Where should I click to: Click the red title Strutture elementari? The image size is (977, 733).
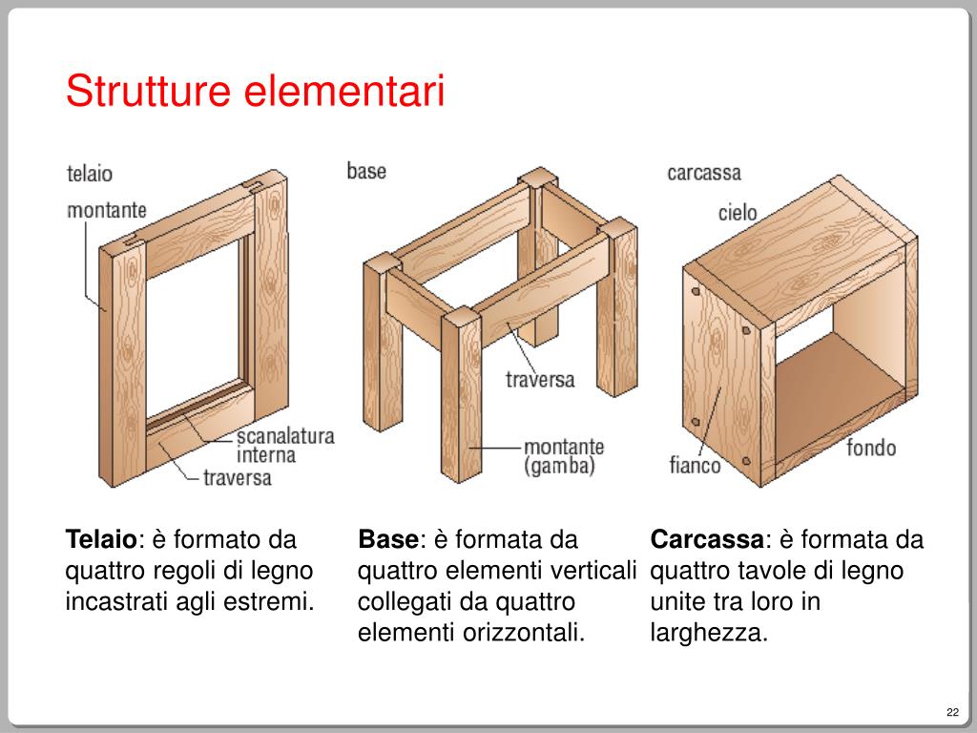[255, 91]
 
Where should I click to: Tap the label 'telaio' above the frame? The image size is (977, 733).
[90, 174]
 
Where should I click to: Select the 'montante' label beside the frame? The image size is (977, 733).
[107, 210]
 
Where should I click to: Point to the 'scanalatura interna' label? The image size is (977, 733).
[285, 445]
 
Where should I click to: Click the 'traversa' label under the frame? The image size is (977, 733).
[238, 478]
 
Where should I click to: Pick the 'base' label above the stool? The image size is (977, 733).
[366, 171]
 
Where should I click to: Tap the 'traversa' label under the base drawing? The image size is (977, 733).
[540, 380]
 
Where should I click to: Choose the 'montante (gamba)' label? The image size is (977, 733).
[564, 456]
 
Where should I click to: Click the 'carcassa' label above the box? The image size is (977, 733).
[704, 173]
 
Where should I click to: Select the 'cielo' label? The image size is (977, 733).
[738, 213]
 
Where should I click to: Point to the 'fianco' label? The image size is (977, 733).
[695, 465]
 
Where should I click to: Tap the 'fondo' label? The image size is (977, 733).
[871, 448]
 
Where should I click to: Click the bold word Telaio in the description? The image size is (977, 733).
[101, 540]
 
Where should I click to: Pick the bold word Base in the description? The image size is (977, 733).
[388, 540]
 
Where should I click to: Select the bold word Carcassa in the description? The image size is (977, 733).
[707, 540]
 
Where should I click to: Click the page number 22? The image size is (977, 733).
[953, 712]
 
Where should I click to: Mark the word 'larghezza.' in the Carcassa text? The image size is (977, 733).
[709, 634]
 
